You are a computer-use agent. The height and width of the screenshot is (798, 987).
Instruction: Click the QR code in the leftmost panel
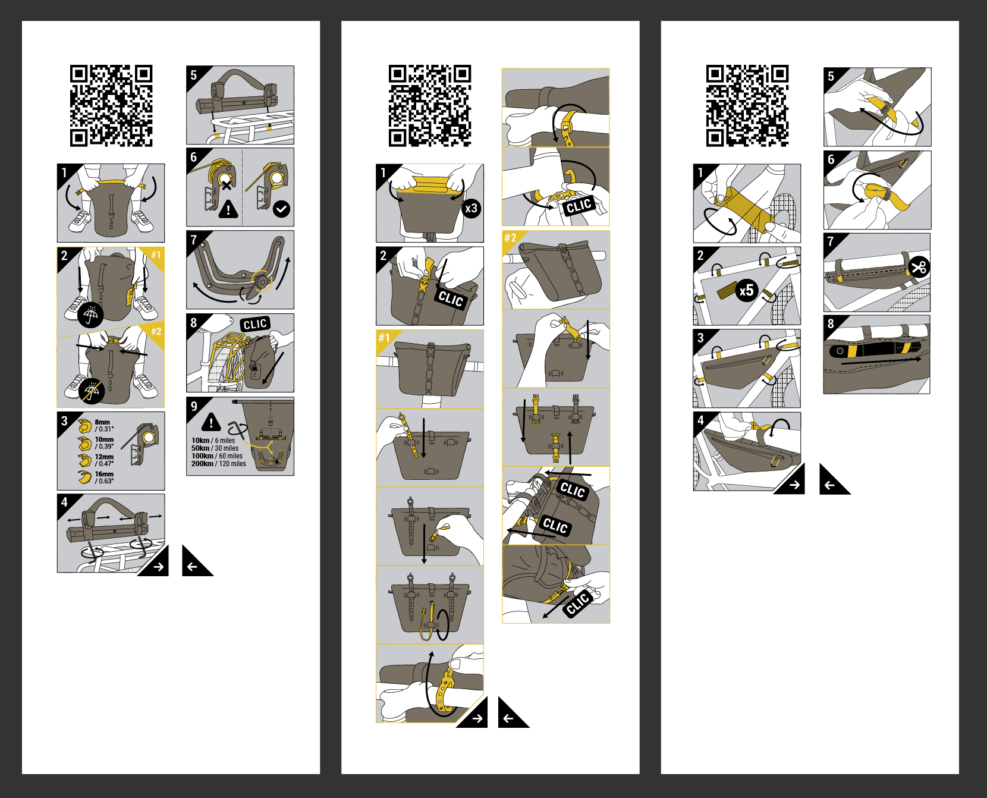(x=111, y=106)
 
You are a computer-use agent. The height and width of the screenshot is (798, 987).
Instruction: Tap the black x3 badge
(x=471, y=208)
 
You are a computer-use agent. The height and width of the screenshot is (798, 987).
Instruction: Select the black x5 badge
(x=746, y=290)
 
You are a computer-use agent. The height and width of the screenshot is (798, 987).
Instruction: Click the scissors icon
(x=919, y=267)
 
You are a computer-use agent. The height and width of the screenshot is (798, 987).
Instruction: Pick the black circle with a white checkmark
(x=281, y=209)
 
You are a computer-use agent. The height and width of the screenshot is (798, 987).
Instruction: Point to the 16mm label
(x=104, y=475)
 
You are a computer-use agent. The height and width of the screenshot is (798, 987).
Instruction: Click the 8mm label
(x=102, y=422)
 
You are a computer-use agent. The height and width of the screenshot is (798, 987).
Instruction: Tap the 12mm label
(x=104, y=457)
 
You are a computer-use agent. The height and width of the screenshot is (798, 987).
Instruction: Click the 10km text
(x=200, y=441)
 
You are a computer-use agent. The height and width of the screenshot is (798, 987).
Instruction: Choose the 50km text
(x=200, y=448)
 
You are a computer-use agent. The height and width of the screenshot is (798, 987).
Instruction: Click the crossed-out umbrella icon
(x=92, y=391)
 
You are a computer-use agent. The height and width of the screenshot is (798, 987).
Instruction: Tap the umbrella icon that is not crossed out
(x=90, y=315)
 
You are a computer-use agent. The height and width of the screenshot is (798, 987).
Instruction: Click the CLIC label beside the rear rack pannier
(x=255, y=324)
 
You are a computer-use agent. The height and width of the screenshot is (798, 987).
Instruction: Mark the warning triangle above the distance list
(x=211, y=422)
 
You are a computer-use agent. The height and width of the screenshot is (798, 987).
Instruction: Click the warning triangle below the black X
(x=228, y=209)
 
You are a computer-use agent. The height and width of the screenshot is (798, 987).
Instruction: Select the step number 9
(x=194, y=406)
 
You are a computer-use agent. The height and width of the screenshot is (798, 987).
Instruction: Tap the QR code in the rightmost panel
(x=747, y=106)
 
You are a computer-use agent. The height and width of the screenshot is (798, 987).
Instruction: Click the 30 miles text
(x=227, y=448)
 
